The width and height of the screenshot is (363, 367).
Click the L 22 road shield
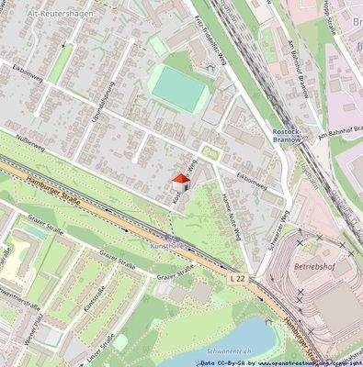[239, 277]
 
